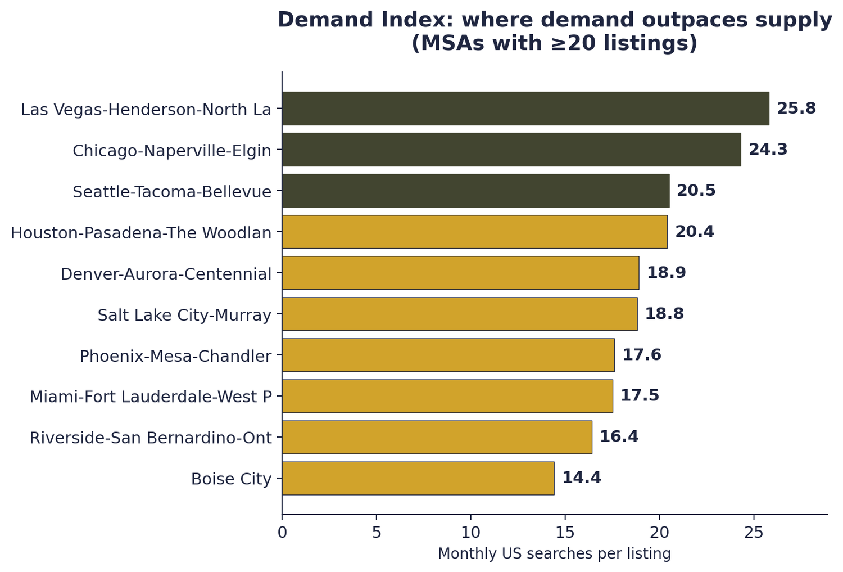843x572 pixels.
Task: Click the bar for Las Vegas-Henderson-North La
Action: coord(525,109)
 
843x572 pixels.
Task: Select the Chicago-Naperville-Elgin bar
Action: coord(511,150)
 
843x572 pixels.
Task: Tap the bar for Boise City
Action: coord(418,478)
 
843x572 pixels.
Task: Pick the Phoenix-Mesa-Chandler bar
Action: coord(448,355)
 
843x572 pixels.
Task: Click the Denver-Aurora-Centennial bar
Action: coord(460,273)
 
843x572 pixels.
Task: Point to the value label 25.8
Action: coord(796,109)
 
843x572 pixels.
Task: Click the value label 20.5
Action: coord(696,191)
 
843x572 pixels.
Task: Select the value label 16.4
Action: coord(619,437)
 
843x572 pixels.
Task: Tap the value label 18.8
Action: coord(664,314)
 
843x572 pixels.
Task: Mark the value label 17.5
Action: coord(640,396)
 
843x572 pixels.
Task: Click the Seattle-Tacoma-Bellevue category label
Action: coord(172,192)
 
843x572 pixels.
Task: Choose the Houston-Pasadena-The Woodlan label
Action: coord(141,233)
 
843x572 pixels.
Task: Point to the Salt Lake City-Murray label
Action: coord(184,315)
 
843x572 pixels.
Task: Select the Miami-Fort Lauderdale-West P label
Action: coord(151,397)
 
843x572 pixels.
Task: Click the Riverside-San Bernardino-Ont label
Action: coord(151,438)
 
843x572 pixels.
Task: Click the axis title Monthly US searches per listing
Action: coord(554,554)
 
